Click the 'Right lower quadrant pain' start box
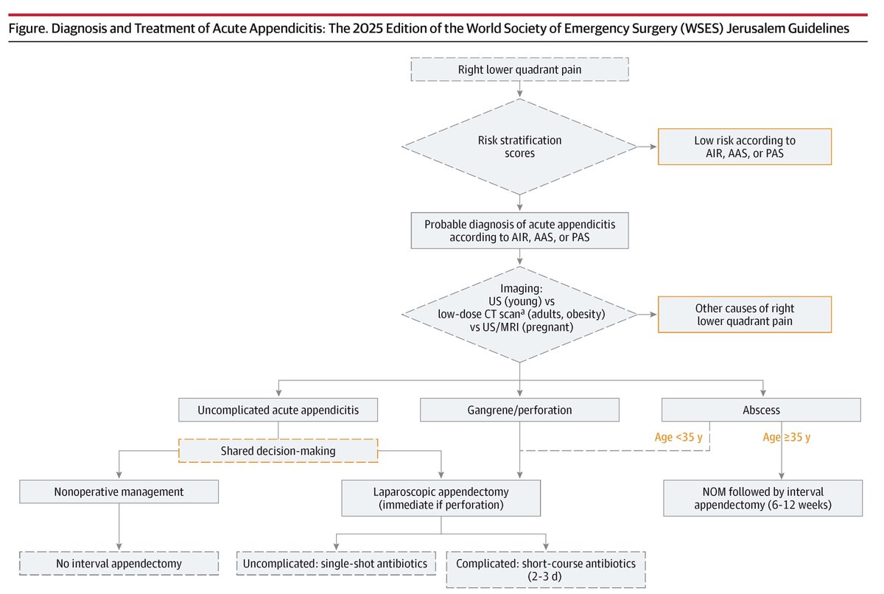coord(520,71)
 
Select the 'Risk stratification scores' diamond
coord(520,146)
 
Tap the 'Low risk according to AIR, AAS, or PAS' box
coord(745,147)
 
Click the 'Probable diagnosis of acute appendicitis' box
coord(520,231)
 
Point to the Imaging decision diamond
coord(520,315)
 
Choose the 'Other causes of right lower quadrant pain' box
coord(745,315)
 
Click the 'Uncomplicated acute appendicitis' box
coord(278,410)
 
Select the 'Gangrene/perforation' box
coord(520,410)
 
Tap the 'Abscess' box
coord(762,410)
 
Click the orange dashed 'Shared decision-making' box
coord(278,450)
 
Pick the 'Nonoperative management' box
coord(119,492)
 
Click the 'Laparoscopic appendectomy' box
coord(441,498)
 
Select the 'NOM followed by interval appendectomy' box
coord(762,498)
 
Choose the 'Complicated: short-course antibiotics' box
coord(546,570)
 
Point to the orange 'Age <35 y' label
coord(684,436)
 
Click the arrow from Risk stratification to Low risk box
coord(648,147)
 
